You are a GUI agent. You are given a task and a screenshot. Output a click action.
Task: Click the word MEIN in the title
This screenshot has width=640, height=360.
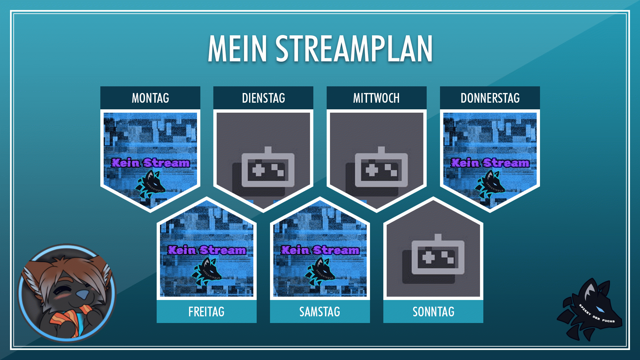coord(237,49)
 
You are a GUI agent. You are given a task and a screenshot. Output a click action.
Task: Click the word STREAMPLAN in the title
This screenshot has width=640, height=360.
coord(354,49)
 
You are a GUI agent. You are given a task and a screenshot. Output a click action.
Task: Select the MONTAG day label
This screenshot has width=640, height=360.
coord(150,98)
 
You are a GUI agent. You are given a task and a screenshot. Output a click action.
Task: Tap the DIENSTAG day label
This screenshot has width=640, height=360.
coord(263,98)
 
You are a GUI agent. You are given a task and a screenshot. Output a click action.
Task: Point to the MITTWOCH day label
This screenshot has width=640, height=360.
coord(376,98)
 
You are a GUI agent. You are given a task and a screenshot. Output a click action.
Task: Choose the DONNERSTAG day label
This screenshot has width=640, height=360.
coord(490,98)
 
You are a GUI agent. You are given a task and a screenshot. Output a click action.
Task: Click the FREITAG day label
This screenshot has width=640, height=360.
coord(206,312)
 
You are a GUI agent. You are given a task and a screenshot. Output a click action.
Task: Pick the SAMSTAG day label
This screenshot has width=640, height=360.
coord(320,312)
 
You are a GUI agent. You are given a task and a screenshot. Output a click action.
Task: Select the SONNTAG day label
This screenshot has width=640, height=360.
coord(433,312)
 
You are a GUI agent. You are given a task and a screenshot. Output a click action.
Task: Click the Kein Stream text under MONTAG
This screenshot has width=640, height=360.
coord(150,163)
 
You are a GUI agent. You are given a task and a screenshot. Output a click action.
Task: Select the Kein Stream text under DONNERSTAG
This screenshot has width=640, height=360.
coord(490,163)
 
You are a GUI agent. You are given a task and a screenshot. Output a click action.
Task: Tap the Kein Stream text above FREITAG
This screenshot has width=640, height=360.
coord(207,250)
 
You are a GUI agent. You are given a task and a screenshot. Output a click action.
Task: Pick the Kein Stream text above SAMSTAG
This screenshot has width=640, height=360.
coord(320,250)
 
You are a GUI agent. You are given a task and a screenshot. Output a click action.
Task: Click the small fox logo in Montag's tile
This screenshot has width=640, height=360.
coord(151,184)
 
